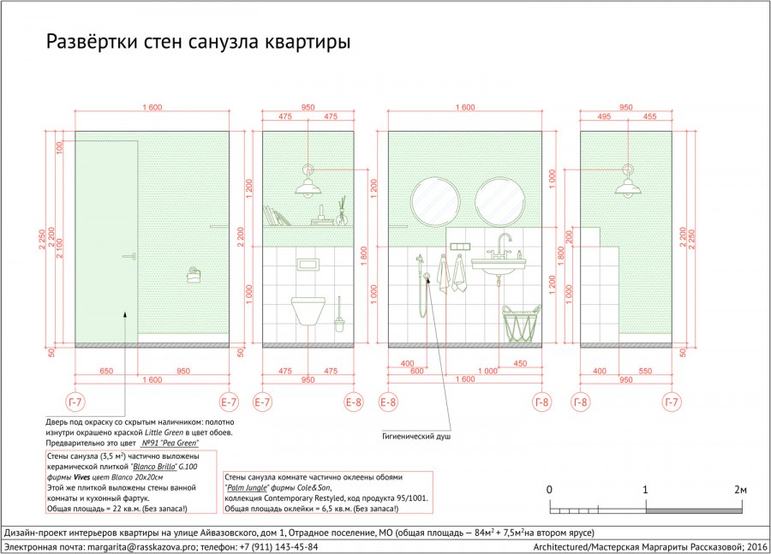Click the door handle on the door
point(130,257)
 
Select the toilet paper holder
point(194,275)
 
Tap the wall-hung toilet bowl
point(308,311)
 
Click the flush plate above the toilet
point(308,265)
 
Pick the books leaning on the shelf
point(277,216)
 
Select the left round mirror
point(435,201)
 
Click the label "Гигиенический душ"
point(416,436)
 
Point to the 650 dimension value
point(106,371)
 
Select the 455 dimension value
point(649,116)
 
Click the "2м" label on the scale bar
point(740,490)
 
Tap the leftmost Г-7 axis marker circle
point(75,402)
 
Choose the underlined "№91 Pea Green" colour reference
point(170,443)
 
